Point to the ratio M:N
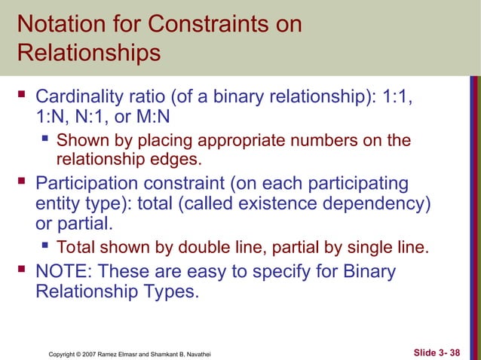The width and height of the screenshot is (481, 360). [157, 117]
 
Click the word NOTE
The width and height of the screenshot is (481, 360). [65, 270]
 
